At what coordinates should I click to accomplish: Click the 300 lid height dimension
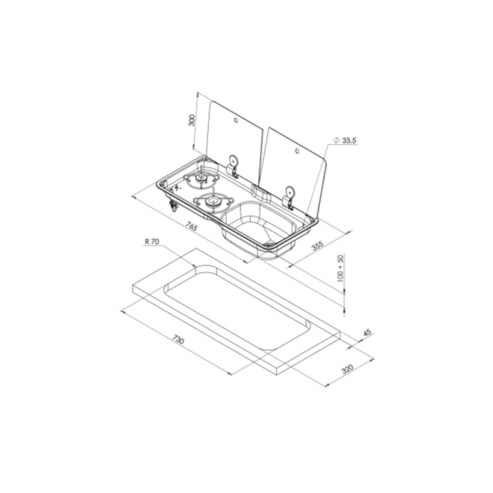click(192, 120)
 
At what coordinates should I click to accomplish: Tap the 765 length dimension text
click(191, 226)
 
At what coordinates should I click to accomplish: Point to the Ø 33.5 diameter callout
click(344, 141)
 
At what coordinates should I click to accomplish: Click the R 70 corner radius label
click(152, 242)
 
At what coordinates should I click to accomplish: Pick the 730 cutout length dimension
click(177, 340)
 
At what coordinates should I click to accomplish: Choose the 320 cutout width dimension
click(347, 369)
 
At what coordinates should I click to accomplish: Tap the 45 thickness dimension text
click(367, 332)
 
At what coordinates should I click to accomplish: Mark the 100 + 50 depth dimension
click(341, 268)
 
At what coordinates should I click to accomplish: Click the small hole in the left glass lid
click(236, 120)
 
